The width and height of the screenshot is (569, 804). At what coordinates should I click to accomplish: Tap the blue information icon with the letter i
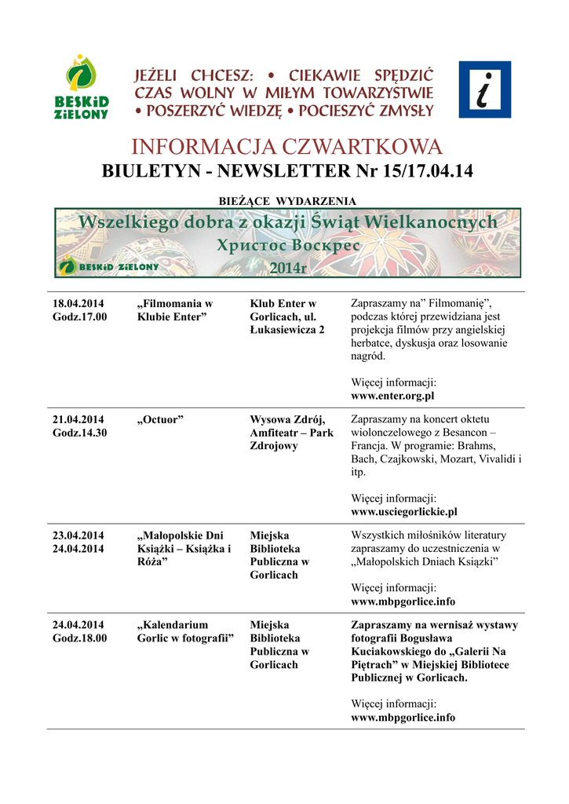(x=484, y=90)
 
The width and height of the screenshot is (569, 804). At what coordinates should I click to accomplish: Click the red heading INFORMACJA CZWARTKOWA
(x=286, y=147)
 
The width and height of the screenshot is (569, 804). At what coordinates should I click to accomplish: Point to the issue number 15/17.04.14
(x=424, y=171)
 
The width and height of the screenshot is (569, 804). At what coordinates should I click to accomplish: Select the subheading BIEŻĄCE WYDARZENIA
(x=286, y=201)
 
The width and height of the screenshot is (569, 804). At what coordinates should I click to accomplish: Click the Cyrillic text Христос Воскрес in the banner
(x=288, y=245)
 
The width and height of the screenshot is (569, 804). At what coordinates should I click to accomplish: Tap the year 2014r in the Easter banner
(x=288, y=269)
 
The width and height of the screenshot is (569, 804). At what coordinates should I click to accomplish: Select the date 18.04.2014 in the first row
(x=78, y=303)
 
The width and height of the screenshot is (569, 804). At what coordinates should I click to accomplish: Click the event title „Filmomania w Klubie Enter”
(x=174, y=309)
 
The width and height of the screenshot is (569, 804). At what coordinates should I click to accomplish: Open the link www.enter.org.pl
(x=392, y=397)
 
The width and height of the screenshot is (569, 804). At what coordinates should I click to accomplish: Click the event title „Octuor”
(x=160, y=419)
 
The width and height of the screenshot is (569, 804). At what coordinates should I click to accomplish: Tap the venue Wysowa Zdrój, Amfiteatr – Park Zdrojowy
(x=291, y=433)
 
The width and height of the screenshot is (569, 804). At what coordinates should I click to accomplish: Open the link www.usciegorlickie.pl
(x=403, y=512)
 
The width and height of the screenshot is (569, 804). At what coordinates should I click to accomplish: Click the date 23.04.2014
(x=78, y=535)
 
